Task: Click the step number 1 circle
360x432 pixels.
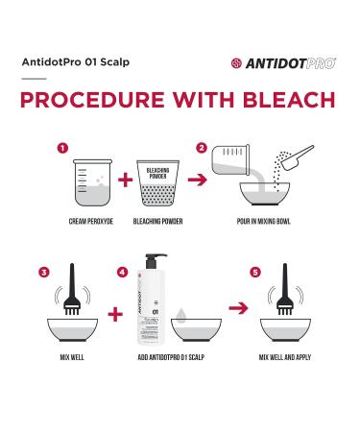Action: (62, 149)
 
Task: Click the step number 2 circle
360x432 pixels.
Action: (202, 149)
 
